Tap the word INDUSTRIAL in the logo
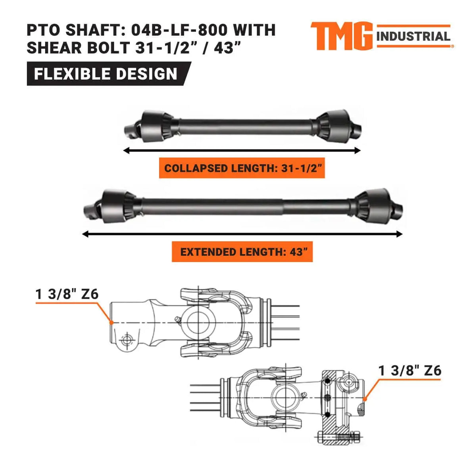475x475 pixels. (413, 37)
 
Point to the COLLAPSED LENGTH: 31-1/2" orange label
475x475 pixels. (242, 168)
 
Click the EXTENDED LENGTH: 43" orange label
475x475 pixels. (242, 252)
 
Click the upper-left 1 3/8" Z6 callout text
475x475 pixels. (67, 294)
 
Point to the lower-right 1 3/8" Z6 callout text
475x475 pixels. (410, 371)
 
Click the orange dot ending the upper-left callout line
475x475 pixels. (112, 322)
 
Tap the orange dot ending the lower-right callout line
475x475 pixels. (364, 399)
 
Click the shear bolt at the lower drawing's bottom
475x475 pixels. (337, 437)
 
